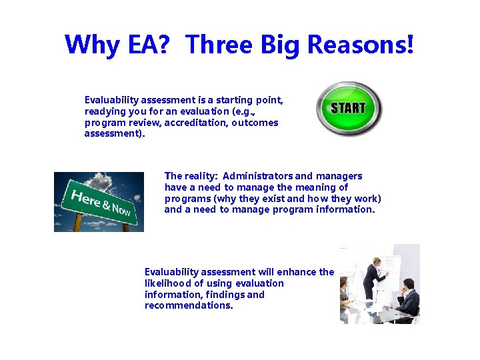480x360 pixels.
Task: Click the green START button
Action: coord(348,108)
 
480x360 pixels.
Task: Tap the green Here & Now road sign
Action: coord(100,203)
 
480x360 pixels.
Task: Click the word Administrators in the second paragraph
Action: coord(257,176)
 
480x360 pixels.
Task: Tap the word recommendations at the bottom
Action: coord(188,305)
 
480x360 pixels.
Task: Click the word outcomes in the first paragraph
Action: coord(255,123)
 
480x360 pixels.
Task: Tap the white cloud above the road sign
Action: coord(100,181)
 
